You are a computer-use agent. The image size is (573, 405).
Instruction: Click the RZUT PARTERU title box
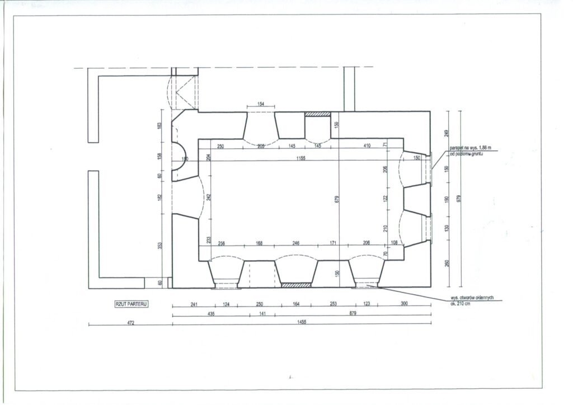pos(130,304)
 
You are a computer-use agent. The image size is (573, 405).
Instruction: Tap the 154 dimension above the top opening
pos(261,105)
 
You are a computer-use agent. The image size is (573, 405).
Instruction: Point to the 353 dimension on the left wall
pos(160,246)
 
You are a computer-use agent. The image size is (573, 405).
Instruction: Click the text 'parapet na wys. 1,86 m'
pos(469,148)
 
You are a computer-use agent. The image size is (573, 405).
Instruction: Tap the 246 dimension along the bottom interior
pos(297,243)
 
